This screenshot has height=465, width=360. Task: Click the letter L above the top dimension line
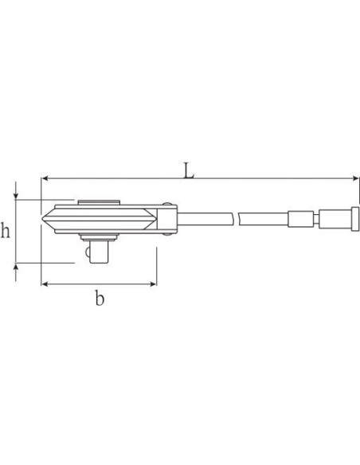(x=189, y=170)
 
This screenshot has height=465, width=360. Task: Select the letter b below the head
(x=100, y=298)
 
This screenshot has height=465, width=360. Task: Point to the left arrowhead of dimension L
(x=45, y=178)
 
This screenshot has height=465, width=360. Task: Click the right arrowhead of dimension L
(x=355, y=178)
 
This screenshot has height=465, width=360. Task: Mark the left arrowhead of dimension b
(x=45, y=284)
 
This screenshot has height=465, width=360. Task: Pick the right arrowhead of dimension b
(x=153, y=284)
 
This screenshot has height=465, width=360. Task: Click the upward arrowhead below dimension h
(x=16, y=267)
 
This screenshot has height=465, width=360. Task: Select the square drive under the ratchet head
(x=99, y=252)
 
